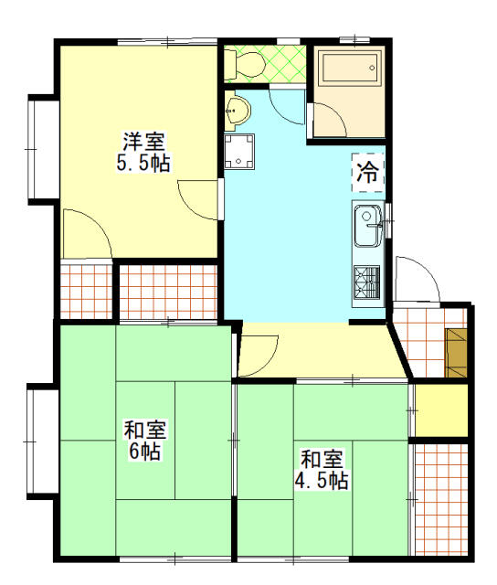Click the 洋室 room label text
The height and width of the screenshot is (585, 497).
[144, 143]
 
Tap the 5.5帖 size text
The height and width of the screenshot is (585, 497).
[143, 164]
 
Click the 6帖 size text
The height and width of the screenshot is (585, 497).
[144, 452]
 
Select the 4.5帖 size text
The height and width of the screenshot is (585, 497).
[322, 481]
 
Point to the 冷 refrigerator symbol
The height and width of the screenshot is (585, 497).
[368, 173]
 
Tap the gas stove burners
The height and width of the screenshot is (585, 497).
[367, 282]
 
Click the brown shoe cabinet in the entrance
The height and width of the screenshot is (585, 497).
[456, 351]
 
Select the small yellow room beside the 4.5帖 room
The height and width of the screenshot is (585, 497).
[440, 410]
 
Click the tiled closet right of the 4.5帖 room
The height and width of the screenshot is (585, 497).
[440, 498]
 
